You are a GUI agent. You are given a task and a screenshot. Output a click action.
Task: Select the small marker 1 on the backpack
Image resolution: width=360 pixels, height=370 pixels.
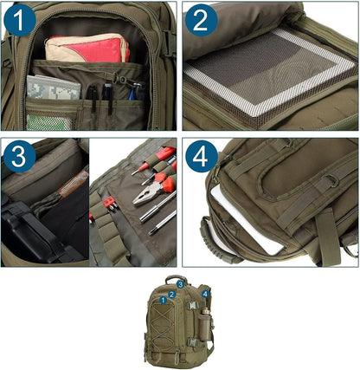(x=161, y=300)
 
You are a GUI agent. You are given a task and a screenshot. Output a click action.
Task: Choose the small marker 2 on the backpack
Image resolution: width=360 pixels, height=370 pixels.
(x=173, y=295)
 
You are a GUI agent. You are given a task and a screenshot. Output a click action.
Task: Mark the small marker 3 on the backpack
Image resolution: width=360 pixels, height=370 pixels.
(x=180, y=282)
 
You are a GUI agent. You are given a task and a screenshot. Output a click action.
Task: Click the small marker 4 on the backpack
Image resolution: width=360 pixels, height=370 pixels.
(x=205, y=294)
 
